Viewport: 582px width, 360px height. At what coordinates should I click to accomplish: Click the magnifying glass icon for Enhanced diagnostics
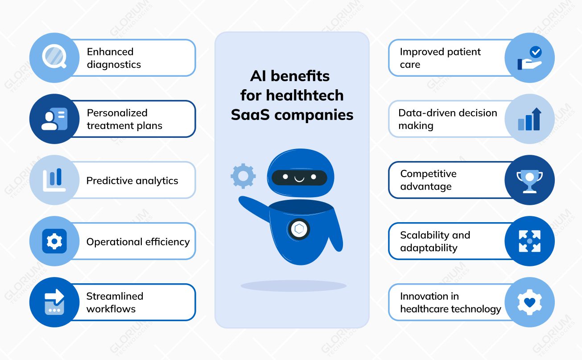click(x=54, y=58)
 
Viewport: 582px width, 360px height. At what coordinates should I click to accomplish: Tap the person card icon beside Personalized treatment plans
click(x=54, y=119)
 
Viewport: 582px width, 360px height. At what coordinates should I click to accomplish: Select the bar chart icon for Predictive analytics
click(x=54, y=180)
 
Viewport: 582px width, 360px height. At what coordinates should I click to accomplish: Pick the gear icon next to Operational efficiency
click(x=54, y=241)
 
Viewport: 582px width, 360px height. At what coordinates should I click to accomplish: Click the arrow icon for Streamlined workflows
click(x=54, y=302)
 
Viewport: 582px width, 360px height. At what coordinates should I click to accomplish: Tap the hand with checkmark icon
click(x=529, y=58)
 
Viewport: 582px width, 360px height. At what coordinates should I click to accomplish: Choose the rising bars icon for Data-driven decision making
click(x=529, y=119)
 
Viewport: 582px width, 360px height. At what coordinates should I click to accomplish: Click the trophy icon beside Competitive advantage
click(x=529, y=180)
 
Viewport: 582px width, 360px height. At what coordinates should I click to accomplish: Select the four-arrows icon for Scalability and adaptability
click(x=529, y=241)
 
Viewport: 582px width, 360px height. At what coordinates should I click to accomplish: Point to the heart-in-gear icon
click(x=529, y=302)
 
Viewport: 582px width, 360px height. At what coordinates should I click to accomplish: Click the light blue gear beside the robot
click(x=243, y=176)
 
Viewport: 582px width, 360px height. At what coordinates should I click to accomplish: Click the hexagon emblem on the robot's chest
click(x=299, y=229)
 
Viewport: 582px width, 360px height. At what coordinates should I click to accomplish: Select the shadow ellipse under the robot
click(x=293, y=286)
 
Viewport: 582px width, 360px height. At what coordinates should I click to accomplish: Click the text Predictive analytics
click(x=132, y=181)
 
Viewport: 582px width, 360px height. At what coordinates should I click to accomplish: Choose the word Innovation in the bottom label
click(x=423, y=296)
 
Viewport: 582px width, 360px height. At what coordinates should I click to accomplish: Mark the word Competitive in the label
click(x=428, y=174)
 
